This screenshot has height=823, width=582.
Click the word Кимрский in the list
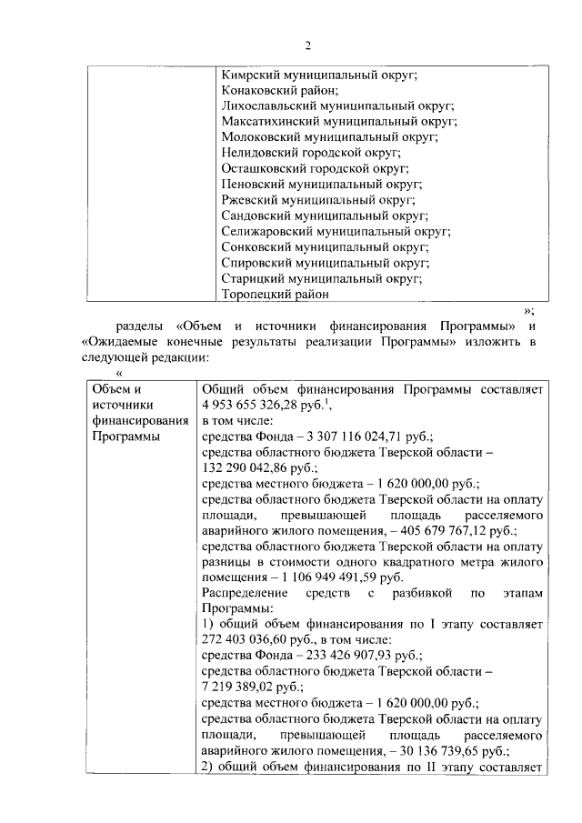(x=252, y=75)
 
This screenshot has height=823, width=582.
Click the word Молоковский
(x=259, y=137)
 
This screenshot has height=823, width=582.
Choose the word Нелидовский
(x=258, y=153)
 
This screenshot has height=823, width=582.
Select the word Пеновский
(x=254, y=185)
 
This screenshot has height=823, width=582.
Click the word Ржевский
(x=251, y=200)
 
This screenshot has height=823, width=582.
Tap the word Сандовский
(x=256, y=216)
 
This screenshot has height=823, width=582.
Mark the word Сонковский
(x=256, y=247)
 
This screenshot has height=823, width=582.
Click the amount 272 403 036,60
(x=244, y=640)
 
